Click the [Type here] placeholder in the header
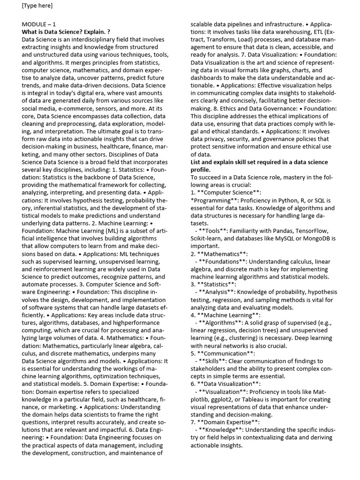point(37,6)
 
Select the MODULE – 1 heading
point(39,24)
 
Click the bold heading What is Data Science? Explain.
point(66,32)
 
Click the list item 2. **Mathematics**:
point(219,254)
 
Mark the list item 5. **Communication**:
point(223,353)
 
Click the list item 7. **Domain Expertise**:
point(225,422)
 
